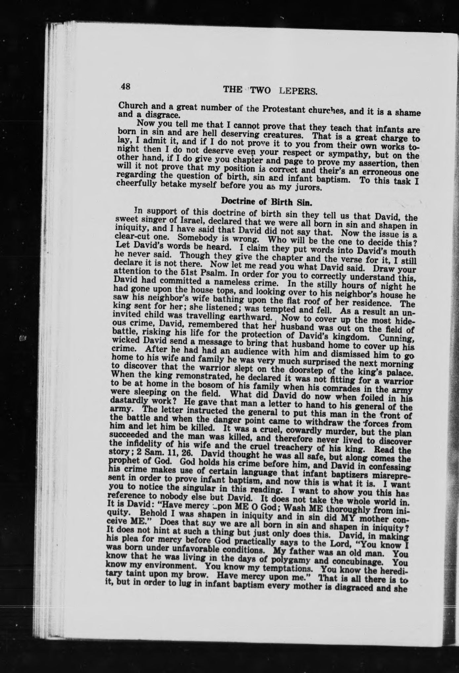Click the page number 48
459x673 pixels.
125,87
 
